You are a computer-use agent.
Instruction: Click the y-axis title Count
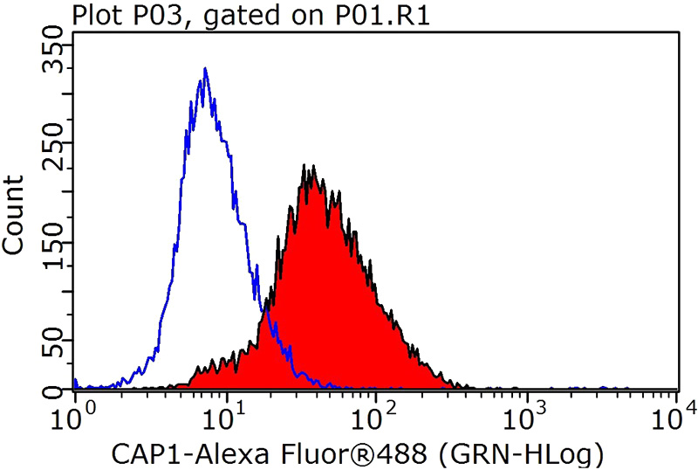click(15, 215)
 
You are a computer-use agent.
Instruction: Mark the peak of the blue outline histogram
click(204, 69)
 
